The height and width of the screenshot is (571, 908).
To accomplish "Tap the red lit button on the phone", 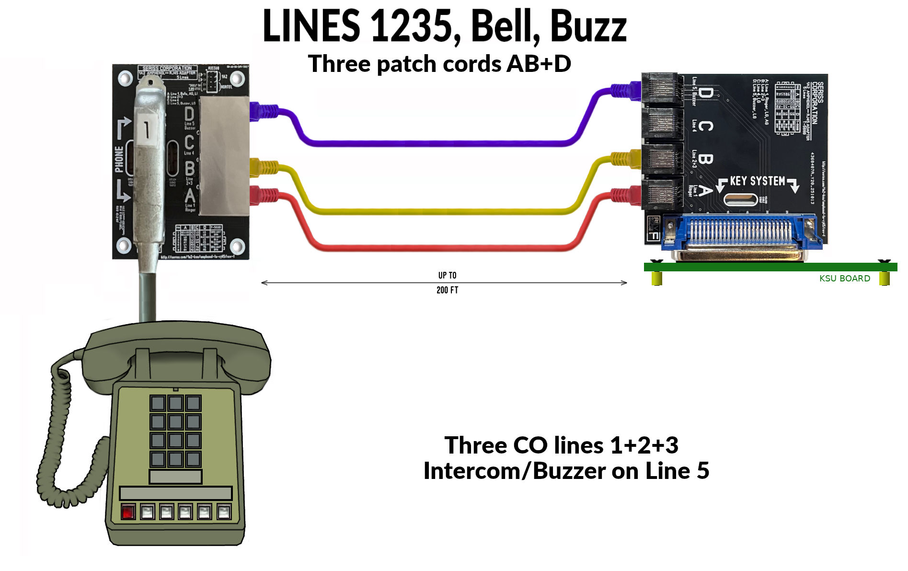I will point(128,512).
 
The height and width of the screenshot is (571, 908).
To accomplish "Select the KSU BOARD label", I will point(844,279).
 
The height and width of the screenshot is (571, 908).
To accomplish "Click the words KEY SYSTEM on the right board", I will point(757,181).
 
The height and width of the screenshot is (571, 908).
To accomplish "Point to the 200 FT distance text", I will point(447,290).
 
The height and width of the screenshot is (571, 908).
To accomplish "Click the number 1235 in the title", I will point(412,26).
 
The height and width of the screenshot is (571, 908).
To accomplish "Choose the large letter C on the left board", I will point(189,142).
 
